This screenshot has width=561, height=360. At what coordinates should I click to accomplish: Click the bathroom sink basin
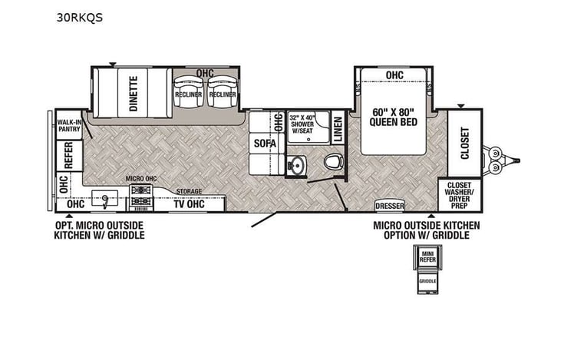point(297,165)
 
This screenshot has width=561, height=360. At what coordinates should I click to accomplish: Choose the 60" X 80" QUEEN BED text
point(394,117)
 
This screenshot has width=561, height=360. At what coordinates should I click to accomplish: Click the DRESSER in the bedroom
point(390,206)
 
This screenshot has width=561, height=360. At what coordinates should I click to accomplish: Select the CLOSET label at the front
point(465,143)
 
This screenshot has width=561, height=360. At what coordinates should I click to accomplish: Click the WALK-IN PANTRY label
point(68,124)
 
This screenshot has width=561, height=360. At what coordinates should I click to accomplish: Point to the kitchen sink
point(102,198)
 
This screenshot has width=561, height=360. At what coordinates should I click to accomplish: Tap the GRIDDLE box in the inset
point(427,282)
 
